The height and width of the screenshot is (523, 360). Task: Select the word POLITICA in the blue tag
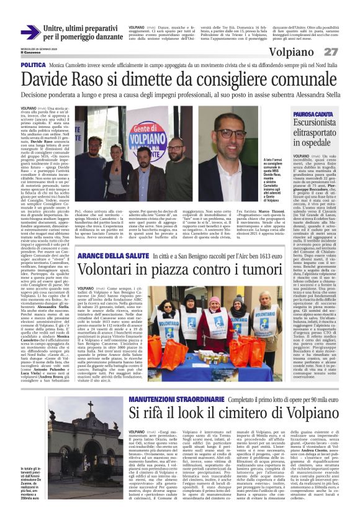coord(33,65)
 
